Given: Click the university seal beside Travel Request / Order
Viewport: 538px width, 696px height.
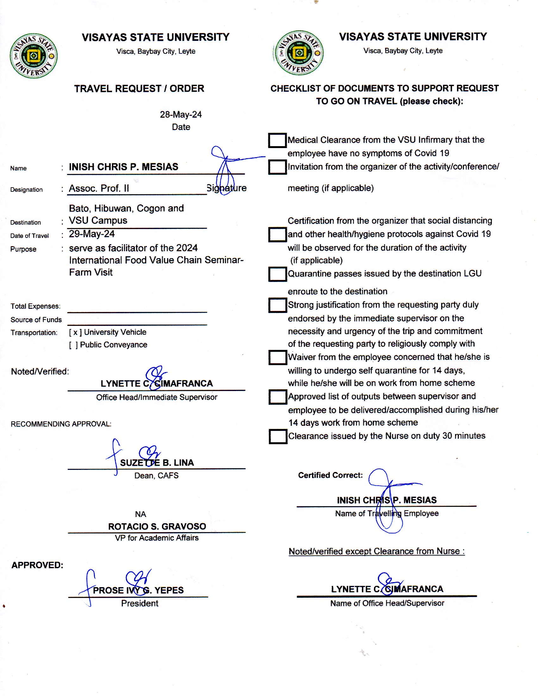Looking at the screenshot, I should point(34,56).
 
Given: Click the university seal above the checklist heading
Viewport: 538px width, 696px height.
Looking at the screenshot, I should point(299,53).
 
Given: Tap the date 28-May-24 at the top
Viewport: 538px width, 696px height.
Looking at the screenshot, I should point(181,115).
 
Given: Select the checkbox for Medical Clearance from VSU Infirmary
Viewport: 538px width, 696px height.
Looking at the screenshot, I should point(277,140).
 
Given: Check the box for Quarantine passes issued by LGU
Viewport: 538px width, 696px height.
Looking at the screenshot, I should point(277,274).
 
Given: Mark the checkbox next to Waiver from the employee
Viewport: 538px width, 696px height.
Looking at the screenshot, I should point(277,357).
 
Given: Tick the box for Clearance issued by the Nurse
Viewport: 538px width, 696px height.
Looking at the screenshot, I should point(278,436).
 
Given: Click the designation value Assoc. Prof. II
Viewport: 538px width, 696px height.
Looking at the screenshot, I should point(99,188).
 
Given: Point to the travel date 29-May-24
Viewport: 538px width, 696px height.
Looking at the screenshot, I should point(92,234).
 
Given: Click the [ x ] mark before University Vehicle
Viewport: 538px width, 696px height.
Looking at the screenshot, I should point(75,332).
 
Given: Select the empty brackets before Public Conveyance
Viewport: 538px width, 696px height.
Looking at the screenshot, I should point(73,345).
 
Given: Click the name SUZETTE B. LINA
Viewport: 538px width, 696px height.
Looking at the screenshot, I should point(157,463).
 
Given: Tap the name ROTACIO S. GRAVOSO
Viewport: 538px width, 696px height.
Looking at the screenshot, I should point(157,526).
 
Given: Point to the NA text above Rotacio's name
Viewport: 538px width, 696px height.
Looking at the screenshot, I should point(140,514).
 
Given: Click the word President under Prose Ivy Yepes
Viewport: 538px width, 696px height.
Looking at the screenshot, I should point(140,603).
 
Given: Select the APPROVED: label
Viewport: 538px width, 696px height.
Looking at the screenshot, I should point(37,565).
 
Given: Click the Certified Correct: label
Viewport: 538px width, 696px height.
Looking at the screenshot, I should point(330,475).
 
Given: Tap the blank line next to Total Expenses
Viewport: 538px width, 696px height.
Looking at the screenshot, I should point(137,308).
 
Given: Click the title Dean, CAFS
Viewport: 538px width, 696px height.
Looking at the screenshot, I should point(156,475).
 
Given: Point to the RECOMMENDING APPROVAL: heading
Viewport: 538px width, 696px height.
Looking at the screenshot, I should point(61,424).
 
